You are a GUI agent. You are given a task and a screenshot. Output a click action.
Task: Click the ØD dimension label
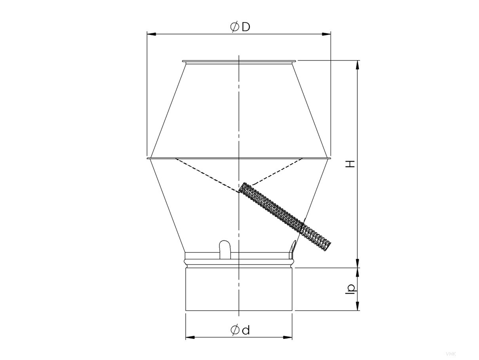tap(240, 27)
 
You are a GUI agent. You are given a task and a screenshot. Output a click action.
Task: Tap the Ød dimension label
tap(240, 330)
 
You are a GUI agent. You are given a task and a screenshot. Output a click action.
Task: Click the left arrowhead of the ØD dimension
tap(152, 34)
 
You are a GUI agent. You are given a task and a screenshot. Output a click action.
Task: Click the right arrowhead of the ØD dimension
tap(326, 34)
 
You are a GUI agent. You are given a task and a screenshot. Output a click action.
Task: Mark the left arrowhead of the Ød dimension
tap(190, 337)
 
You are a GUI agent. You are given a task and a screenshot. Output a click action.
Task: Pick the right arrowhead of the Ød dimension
tap(288, 337)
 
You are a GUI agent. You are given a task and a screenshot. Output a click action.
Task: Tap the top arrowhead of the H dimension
tap(357, 65)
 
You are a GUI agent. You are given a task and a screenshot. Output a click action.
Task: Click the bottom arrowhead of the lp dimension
tap(357, 306)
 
